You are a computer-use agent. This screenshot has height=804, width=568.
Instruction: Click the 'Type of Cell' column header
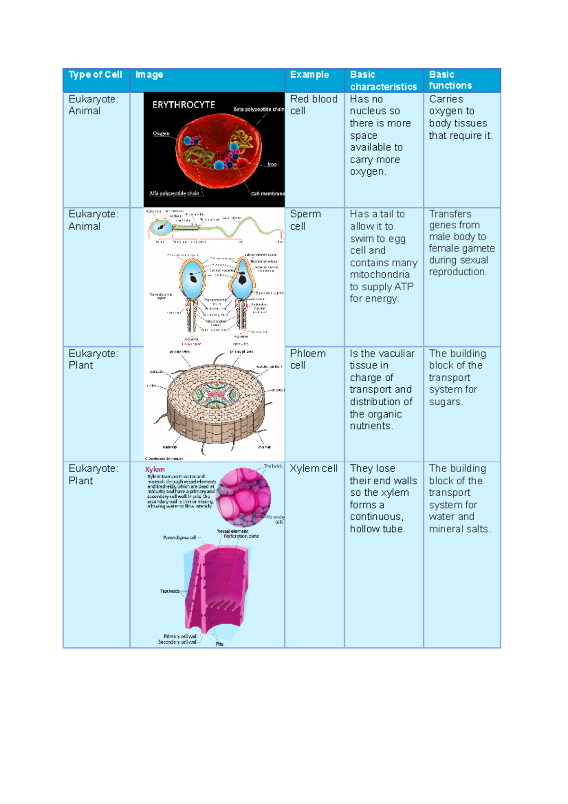click(95, 75)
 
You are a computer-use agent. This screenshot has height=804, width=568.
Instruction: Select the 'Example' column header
click(309, 75)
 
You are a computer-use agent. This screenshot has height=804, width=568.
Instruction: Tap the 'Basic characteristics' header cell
click(383, 80)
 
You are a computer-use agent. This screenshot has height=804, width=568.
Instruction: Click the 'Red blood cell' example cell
click(313, 105)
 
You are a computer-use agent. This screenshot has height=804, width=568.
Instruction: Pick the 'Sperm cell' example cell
click(305, 220)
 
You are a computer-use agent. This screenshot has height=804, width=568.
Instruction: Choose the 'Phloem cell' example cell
click(308, 359)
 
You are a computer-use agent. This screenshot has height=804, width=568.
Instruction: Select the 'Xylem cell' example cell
click(313, 469)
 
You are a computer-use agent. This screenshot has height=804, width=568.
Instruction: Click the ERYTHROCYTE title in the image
click(184, 105)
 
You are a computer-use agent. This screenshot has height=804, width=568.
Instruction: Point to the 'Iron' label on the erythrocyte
click(272, 165)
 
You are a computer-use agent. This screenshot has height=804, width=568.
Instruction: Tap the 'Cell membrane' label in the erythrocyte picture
click(267, 194)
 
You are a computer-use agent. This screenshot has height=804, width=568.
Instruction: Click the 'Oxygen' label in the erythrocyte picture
click(161, 134)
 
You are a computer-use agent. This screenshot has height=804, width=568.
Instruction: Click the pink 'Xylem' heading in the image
click(155, 470)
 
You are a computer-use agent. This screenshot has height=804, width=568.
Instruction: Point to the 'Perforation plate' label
click(241, 536)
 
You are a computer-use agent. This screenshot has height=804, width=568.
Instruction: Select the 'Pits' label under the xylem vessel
click(219, 644)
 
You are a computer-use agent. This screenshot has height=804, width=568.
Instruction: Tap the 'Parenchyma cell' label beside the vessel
click(179, 538)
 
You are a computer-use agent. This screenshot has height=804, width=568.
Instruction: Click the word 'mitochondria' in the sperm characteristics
click(380, 275)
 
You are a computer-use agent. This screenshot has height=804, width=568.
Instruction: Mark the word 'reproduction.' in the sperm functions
click(458, 272)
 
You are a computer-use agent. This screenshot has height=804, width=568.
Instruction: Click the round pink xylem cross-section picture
click(244, 497)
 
